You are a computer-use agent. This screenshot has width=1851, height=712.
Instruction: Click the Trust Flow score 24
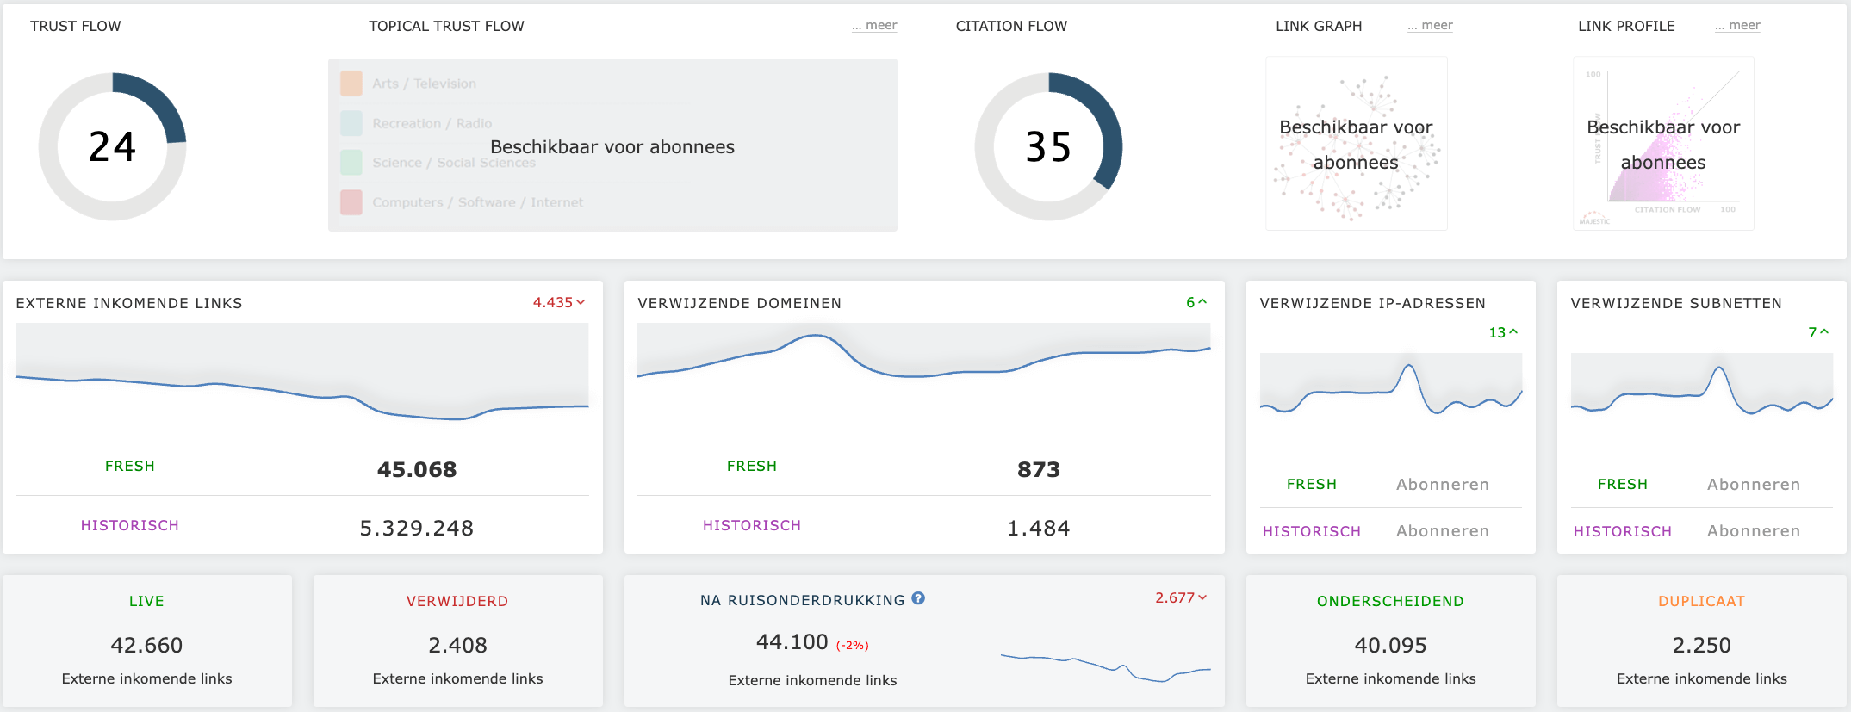click(x=112, y=147)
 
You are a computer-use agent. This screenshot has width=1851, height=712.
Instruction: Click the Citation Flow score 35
click(x=1048, y=147)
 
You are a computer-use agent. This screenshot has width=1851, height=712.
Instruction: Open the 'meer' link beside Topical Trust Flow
click(x=874, y=26)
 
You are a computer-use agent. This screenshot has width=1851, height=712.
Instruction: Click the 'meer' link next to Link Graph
click(x=1430, y=26)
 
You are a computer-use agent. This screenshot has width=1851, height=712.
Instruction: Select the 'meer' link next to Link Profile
click(x=1737, y=26)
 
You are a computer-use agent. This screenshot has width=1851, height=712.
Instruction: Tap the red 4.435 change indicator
click(x=558, y=303)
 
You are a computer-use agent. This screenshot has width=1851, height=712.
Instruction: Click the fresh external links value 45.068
click(x=417, y=469)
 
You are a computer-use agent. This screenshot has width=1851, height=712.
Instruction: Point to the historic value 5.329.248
click(x=417, y=528)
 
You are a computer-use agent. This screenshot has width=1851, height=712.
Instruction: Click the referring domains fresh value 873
click(x=1039, y=469)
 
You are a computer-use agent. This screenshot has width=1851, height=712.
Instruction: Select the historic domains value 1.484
click(x=1039, y=528)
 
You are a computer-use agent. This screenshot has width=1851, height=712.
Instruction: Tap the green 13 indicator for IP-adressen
click(x=1503, y=332)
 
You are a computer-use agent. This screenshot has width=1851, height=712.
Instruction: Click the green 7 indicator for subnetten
click(x=1817, y=332)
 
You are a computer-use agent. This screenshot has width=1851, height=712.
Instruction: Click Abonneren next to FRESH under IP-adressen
click(x=1443, y=485)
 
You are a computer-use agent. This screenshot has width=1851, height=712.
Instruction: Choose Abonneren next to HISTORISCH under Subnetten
click(x=1754, y=531)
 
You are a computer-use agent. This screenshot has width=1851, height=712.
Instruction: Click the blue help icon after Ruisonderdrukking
click(x=918, y=598)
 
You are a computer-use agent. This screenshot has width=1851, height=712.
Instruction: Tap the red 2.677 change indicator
click(x=1180, y=597)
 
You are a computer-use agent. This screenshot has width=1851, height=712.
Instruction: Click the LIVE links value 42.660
click(x=146, y=645)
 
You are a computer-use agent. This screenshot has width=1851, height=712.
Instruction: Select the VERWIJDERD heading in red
click(x=457, y=601)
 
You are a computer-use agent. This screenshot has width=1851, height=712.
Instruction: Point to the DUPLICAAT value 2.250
click(x=1701, y=645)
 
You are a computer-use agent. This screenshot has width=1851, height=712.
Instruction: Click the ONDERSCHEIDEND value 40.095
click(x=1390, y=645)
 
